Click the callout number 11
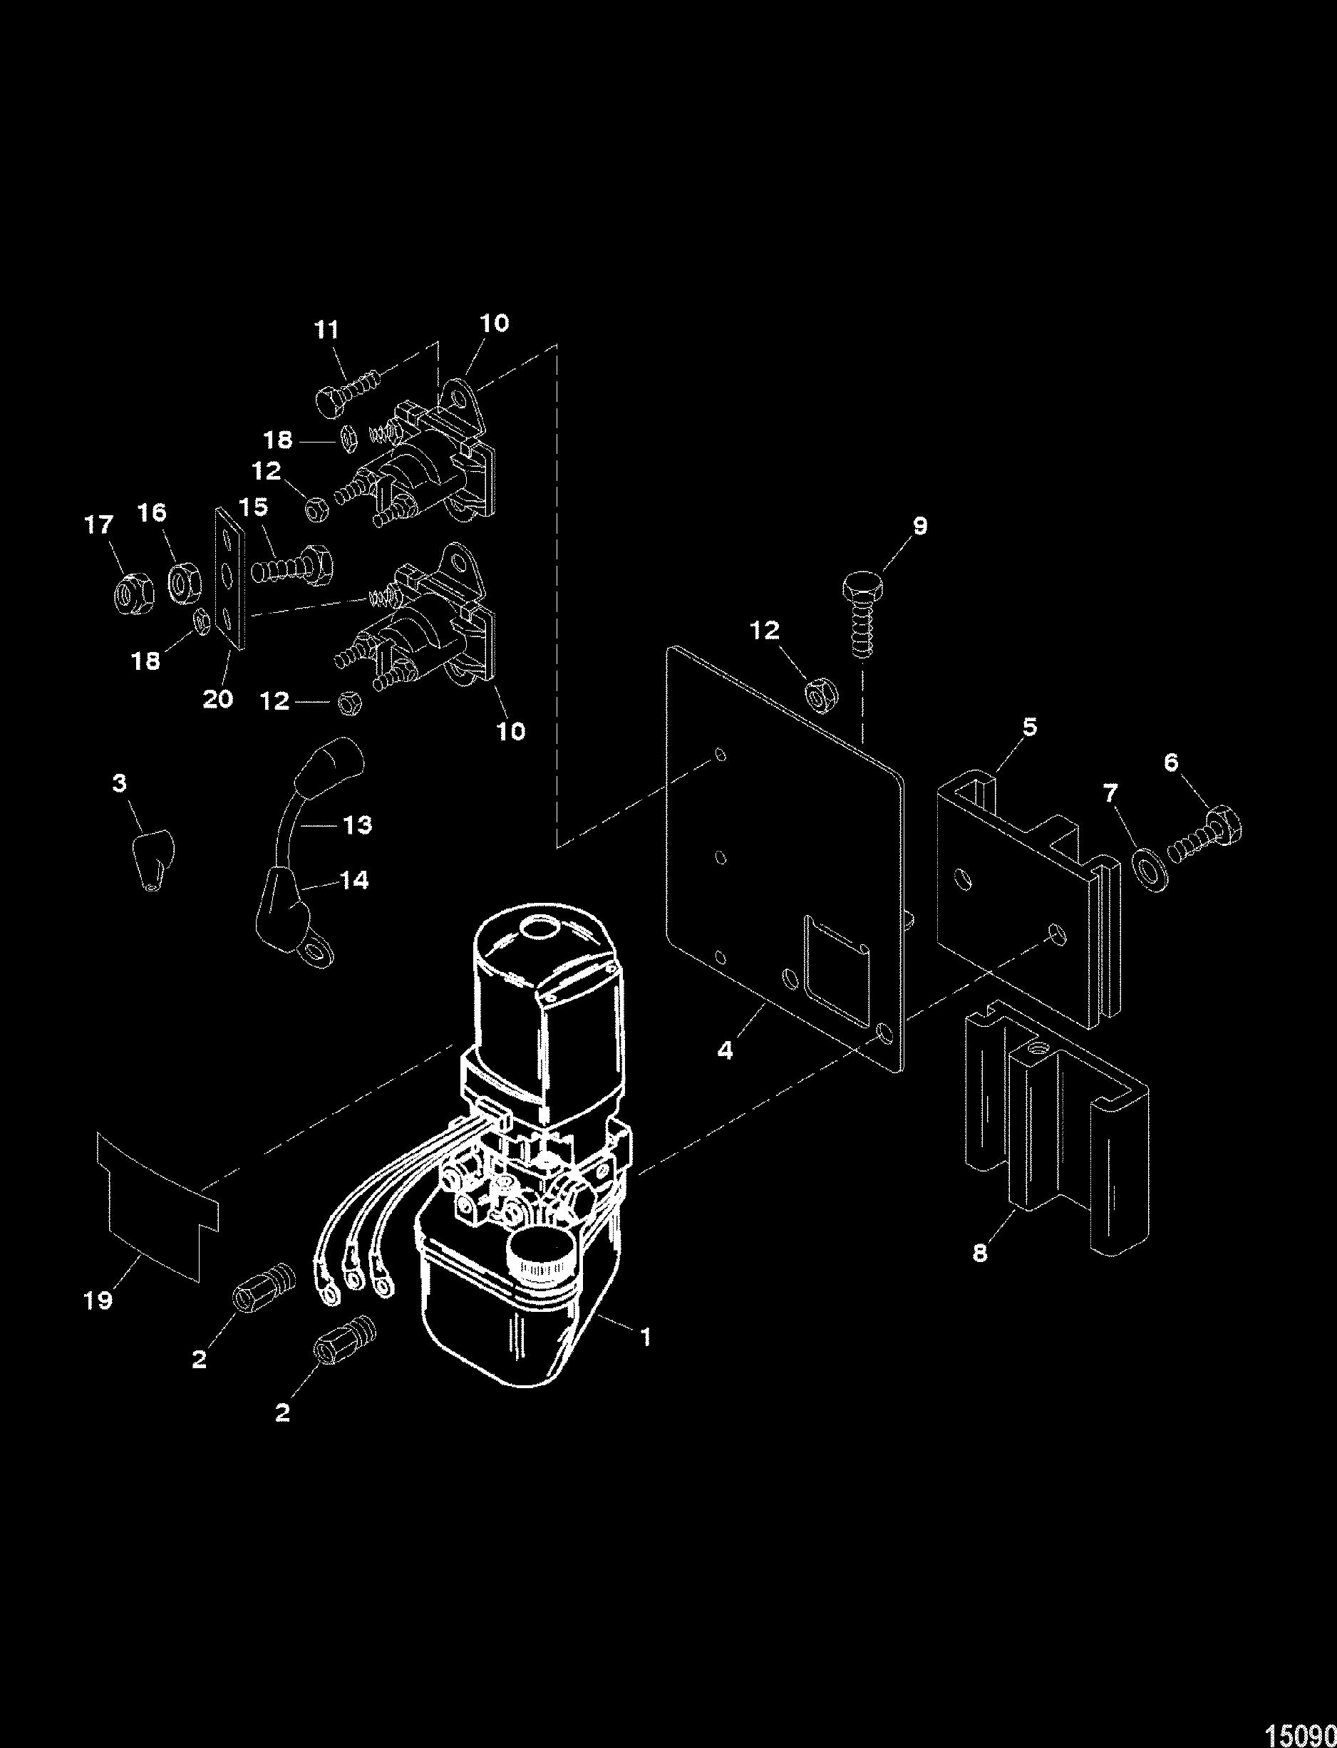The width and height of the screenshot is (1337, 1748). coord(327,329)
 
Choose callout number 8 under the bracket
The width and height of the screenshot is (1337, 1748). coord(980,1251)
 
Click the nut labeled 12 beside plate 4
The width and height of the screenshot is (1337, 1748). coord(817,692)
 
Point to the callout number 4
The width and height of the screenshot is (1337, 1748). coord(725,1050)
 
